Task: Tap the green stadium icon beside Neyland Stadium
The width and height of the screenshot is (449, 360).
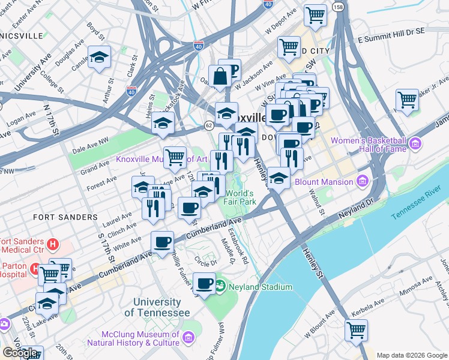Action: click(220, 286)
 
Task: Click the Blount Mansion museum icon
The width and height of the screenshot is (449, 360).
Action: click(361, 181)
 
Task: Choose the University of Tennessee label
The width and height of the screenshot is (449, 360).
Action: click(157, 307)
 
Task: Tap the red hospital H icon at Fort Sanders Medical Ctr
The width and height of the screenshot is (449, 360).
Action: click(53, 244)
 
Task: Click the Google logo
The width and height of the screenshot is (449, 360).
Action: click(20, 353)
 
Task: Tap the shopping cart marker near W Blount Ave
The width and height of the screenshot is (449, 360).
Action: click(357, 329)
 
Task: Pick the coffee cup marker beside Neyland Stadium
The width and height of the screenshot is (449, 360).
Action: click(205, 283)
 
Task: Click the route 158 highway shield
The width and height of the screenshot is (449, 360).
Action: click(339, 7)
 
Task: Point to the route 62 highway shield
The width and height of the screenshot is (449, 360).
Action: click(208, 125)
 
